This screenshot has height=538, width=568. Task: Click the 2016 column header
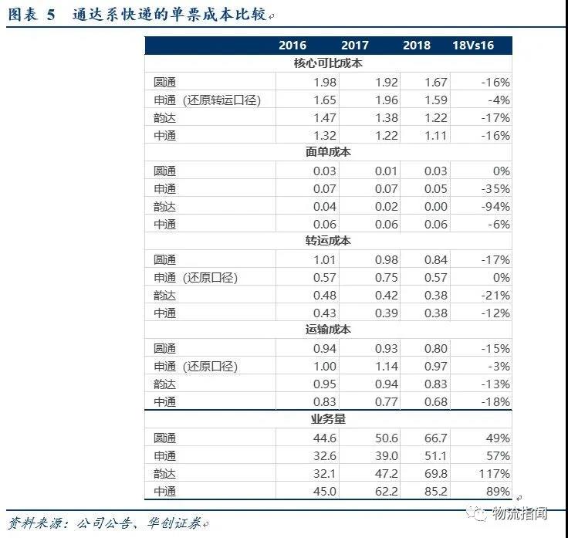pyautogui.click(x=293, y=46)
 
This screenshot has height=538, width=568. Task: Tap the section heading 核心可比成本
pyautogui.click(x=328, y=63)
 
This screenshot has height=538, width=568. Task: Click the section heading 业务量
pyautogui.click(x=328, y=419)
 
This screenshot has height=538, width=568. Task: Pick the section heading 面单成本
pyautogui.click(x=328, y=152)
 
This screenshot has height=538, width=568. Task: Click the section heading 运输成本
pyautogui.click(x=328, y=330)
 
